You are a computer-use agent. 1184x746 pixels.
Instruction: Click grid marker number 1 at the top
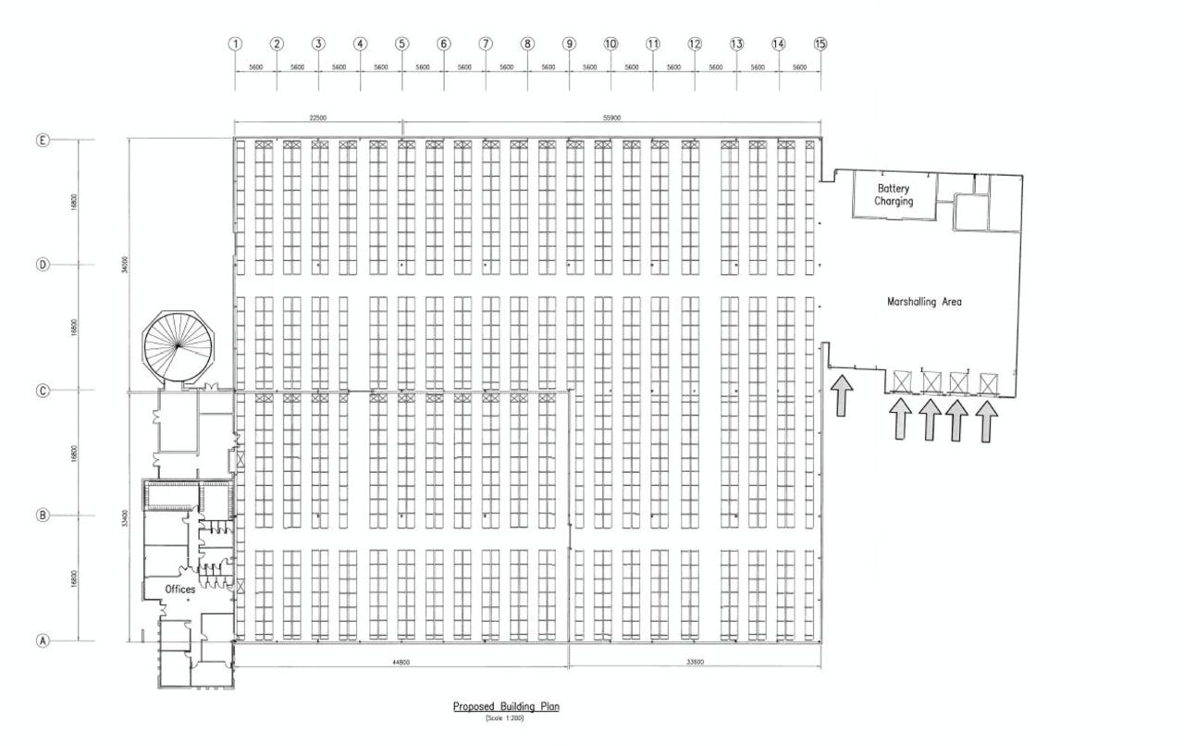(x=235, y=44)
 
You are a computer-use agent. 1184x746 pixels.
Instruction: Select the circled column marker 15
(x=820, y=44)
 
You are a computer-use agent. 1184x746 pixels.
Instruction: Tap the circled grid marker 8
(x=527, y=44)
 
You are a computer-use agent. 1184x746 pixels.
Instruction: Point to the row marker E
(x=42, y=140)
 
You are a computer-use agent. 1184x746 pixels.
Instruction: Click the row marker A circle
(x=42, y=640)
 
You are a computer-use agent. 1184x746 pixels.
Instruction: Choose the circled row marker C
(x=42, y=391)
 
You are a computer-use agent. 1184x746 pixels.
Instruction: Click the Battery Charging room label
(x=894, y=194)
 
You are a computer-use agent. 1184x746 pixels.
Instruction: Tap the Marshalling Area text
(x=924, y=302)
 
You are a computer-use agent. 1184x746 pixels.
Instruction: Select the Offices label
(x=180, y=590)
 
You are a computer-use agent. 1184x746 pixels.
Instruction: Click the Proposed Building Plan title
(x=506, y=707)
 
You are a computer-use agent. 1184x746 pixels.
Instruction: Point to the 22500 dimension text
(x=317, y=118)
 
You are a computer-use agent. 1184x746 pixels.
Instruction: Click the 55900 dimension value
(x=610, y=118)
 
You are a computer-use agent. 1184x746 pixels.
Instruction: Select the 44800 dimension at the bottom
(x=401, y=662)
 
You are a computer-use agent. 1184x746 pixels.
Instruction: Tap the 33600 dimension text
(x=695, y=662)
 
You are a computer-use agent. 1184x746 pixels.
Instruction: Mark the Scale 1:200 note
(x=505, y=719)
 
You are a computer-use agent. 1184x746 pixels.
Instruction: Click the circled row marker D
(x=42, y=265)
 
